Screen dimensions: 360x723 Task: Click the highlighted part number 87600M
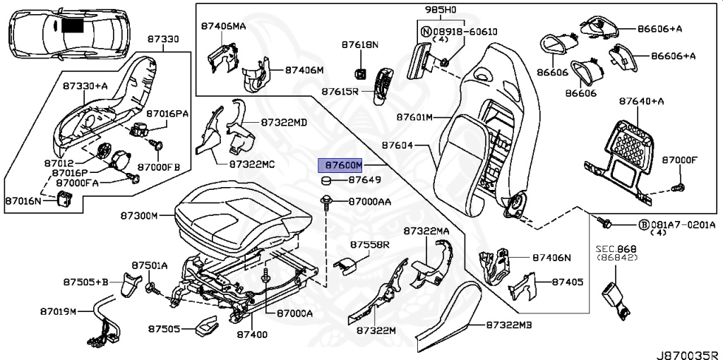point(341,165)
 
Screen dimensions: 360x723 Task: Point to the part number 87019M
point(58,311)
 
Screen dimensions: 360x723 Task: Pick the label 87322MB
point(509,325)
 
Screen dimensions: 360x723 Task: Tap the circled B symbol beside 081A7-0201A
point(643,224)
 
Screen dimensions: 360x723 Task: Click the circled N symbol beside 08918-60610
point(425,32)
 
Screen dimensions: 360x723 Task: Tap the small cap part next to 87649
point(327,181)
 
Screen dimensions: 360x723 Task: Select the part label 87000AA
point(370,202)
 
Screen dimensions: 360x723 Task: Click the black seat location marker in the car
point(72,26)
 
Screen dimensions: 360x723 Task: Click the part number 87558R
point(370,244)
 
